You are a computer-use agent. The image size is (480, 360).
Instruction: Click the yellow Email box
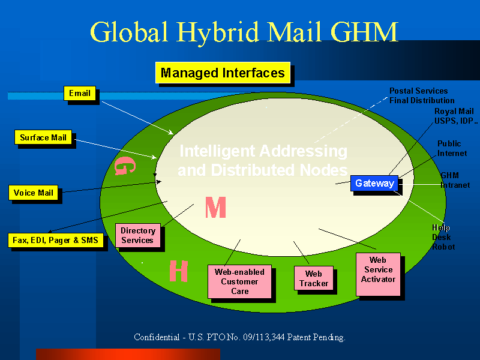(x=80, y=94)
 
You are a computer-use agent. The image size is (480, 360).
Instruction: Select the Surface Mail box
(x=43, y=138)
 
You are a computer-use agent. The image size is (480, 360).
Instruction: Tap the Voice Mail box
(x=34, y=193)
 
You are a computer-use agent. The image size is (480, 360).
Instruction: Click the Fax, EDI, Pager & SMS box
(x=56, y=241)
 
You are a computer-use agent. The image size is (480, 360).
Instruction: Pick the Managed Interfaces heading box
(x=223, y=73)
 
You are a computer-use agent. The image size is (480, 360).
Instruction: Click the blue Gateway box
(x=374, y=184)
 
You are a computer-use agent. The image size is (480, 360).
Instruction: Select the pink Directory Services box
(x=137, y=235)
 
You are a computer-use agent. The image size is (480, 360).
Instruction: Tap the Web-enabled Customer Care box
(x=239, y=281)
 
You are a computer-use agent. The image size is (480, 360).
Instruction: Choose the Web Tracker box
(x=313, y=278)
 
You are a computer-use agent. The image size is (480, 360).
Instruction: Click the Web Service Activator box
(x=378, y=274)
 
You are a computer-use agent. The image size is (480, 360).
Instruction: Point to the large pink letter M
(x=215, y=208)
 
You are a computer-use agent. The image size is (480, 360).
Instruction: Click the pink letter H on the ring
(x=178, y=271)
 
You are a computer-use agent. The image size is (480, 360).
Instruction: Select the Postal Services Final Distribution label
(x=421, y=95)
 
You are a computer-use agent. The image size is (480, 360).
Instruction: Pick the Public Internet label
(x=451, y=148)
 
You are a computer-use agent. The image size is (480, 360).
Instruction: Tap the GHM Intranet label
(x=455, y=180)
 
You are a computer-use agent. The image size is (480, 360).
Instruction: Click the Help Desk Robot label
(x=443, y=237)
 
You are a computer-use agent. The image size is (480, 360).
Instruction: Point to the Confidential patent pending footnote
(x=239, y=337)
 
